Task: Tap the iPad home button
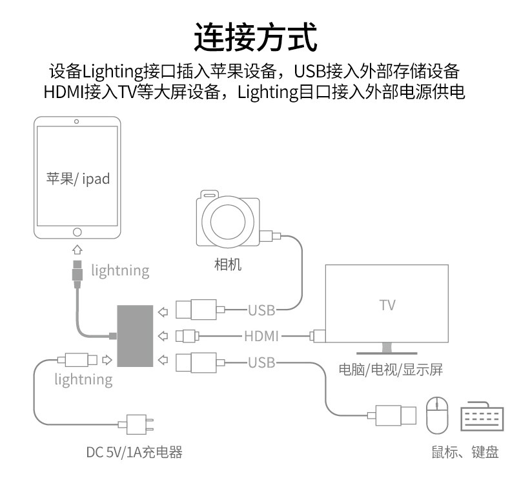coord(77,232)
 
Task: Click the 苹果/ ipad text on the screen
coord(77,179)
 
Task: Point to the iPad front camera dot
coord(77,121)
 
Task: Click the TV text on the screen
coord(387,304)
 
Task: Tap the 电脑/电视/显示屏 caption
coord(391,370)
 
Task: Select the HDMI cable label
coord(261,335)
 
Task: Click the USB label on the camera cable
coord(261,311)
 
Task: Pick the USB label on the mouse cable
coord(261,362)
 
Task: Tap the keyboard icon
coord(481,417)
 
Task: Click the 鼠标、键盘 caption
coord(465,452)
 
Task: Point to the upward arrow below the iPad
coord(77,249)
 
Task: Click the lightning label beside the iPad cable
coord(120,270)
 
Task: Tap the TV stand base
coord(386,351)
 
